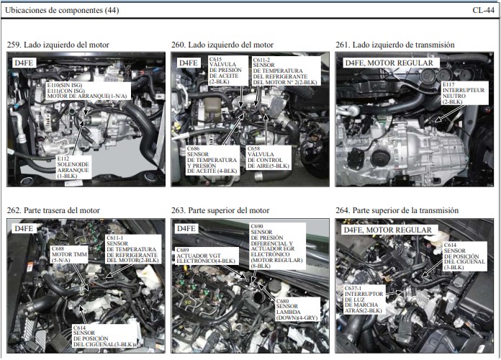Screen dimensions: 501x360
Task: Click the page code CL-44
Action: [483, 10]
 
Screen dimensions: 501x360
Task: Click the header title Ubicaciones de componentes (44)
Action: [62, 10]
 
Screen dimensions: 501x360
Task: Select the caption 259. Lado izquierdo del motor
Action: [58, 45]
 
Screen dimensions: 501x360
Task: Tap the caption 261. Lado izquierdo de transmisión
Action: [395, 45]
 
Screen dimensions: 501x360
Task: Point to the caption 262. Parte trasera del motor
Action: [53, 210]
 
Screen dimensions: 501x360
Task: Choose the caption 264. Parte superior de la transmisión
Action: [397, 210]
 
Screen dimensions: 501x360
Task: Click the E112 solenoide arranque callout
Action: [73, 167]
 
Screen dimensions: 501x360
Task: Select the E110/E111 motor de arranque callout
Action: [89, 91]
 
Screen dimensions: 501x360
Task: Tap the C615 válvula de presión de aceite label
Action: [228, 71]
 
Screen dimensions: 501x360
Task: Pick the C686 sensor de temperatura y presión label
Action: [213, 160]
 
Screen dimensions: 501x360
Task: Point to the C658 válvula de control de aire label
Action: [268, 158]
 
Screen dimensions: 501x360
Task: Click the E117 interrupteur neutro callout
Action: [464, 93]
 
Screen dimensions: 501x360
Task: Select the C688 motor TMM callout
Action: [69, 254]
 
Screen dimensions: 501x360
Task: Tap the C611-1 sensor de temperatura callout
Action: [133, 249]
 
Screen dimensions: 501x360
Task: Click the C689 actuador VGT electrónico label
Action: [207, 256]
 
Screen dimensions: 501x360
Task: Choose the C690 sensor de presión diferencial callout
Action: [277, 246]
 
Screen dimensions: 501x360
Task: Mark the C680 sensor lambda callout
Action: [297, 310]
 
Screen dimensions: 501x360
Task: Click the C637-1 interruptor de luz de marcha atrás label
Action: [364, 300]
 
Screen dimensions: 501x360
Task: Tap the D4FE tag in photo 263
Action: [186, 228]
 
